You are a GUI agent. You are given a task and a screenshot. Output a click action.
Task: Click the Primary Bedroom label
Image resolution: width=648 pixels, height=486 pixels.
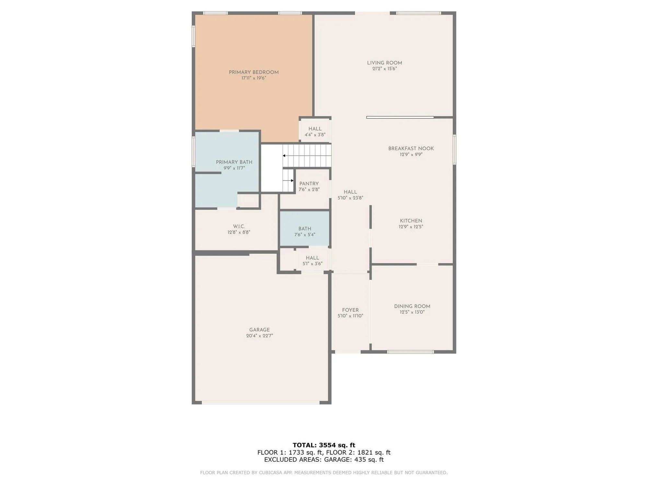point(254,72)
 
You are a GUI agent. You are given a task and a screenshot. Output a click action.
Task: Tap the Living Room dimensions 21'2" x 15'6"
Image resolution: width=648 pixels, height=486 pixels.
point(385,69)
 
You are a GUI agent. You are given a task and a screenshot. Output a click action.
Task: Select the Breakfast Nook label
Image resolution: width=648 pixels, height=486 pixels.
point(411,148)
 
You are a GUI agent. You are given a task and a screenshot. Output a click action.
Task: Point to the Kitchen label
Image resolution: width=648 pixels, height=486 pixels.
point(411,221)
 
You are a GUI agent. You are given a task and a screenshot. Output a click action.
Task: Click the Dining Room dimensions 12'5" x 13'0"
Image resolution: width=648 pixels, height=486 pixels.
point(412,312)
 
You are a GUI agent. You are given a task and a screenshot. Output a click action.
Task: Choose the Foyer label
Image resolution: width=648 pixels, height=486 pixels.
point(350,310)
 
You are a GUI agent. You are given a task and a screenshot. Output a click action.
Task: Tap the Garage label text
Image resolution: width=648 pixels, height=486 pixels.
point(259,330)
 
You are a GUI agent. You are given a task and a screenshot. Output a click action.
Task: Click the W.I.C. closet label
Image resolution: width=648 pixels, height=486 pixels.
point(239,226)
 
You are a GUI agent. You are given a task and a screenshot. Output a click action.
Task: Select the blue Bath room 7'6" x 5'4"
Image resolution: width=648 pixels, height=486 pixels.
point(305,228)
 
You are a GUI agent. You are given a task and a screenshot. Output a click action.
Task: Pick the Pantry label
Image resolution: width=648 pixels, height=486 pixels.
point(309,183)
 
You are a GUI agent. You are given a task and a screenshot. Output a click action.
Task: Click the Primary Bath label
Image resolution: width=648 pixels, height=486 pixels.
point(234,162)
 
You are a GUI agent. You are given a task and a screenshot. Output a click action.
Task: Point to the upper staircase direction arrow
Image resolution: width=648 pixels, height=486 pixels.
point(284,156)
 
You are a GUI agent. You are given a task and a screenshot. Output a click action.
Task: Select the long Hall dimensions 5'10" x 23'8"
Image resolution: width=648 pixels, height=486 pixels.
point(350,198)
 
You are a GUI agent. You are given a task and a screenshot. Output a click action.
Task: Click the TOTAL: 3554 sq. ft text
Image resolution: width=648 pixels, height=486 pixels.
point(324,445)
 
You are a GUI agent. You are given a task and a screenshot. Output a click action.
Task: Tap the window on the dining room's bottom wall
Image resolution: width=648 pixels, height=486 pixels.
point(410,352)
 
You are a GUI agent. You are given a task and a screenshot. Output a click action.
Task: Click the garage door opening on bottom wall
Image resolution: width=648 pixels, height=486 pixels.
point(261,403)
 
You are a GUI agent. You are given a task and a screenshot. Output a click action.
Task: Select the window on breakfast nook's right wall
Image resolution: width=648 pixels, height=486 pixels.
point(454,149)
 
